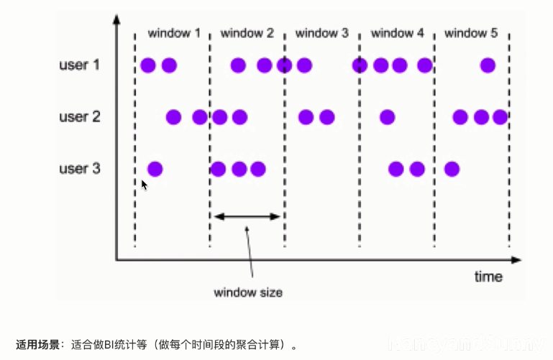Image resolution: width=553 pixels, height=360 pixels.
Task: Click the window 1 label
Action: (174, 33)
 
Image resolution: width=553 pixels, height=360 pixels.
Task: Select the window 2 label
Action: (247, 33)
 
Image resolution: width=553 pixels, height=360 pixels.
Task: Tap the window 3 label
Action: (321, 33)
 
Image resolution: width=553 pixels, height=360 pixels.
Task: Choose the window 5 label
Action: (471, 33)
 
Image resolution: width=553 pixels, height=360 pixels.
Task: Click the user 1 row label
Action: (79, 65)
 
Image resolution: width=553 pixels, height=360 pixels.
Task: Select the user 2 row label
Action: (79, 117)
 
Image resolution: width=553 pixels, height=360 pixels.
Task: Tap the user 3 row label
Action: (79, 170)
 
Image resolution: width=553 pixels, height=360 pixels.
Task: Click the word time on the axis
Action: (488, 277)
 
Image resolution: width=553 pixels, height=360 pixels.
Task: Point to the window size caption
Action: (248, 292)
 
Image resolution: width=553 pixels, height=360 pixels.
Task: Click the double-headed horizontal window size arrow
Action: (247, 216)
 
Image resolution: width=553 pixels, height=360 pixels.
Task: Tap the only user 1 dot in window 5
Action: (488, 65)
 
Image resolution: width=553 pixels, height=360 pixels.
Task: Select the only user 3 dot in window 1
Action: (155, 170)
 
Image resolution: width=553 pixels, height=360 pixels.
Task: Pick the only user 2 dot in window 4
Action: (387, 117)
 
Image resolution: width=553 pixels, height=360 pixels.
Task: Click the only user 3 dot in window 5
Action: (452, 170)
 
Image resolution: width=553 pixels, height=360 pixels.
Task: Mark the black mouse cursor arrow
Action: (144, 185)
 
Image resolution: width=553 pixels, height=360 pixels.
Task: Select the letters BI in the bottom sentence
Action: (109, 345)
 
